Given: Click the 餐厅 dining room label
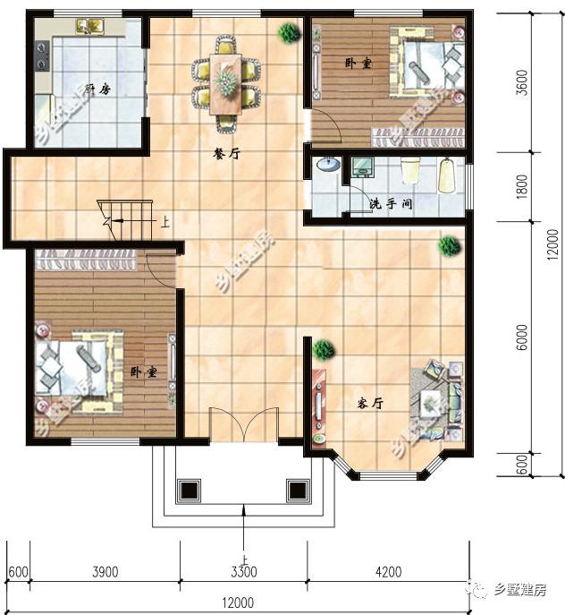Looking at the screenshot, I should click(226, 153).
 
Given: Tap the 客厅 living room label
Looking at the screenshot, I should click(370, 404).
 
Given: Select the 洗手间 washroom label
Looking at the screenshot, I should click(391, 204).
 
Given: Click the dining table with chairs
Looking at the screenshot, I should click(226, 80).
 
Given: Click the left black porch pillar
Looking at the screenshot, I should click(189, 491).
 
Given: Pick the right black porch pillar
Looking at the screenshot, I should click(297, 491).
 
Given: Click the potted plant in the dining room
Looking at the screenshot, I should click(289, 33).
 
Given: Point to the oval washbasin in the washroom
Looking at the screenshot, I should click(328, 165).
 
